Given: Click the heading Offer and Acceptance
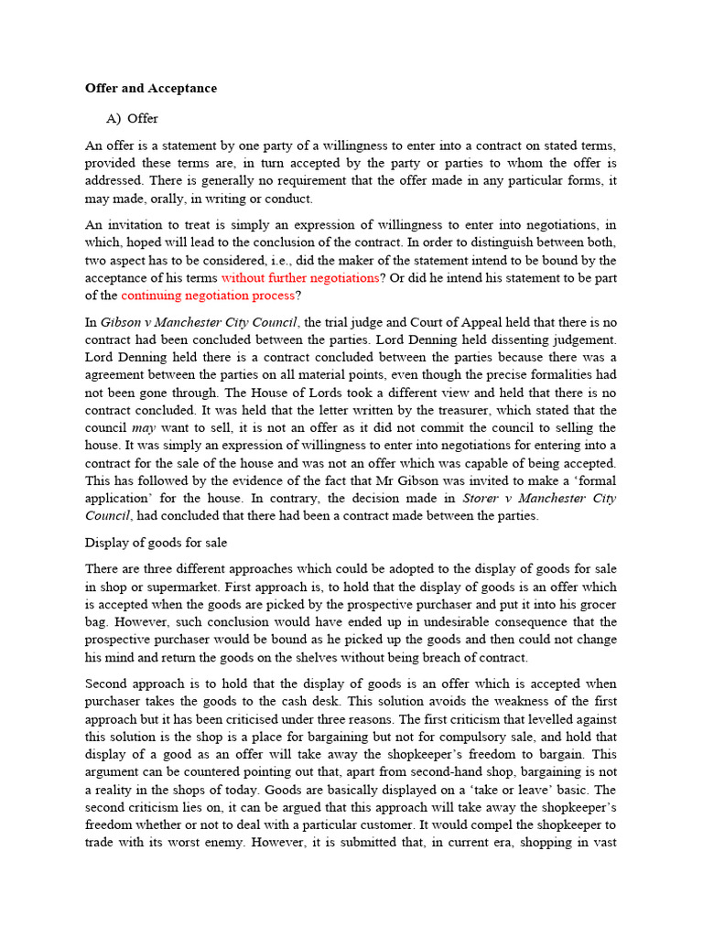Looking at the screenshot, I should tap(151, 89).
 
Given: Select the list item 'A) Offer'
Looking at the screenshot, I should tap(132, 118).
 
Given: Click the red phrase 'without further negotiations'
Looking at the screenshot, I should tap(299, 277).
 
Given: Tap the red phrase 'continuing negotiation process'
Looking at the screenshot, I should tap(208, 295).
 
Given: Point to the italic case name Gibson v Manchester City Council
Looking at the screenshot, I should tap(200, 321).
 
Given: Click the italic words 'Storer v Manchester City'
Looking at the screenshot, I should tap(539, 498).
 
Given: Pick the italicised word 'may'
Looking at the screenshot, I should tap(144, 427).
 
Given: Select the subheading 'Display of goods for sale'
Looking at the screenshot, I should tap(156, 543).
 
